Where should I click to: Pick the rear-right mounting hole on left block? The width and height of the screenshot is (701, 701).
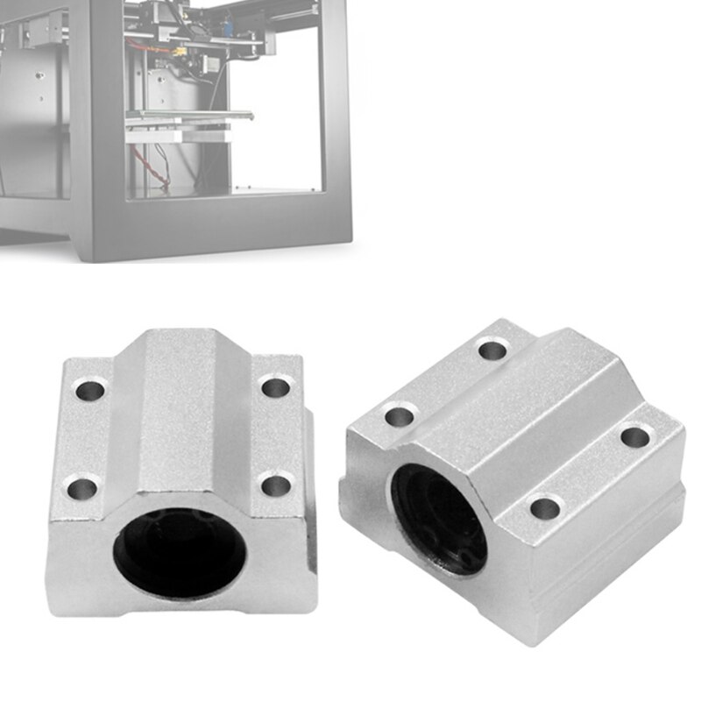tap(276, 386)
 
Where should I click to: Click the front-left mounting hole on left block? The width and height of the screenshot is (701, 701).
tap(83, 487)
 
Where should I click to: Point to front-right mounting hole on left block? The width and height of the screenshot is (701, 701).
tap(277, 485)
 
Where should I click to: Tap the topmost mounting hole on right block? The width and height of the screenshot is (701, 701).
tap(492, 351)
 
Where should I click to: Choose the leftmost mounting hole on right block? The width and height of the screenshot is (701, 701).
tap(399, 415)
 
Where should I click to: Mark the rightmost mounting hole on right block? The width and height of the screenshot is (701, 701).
tap(635, 435)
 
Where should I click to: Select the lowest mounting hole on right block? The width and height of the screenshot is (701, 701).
tap(545, 507)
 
